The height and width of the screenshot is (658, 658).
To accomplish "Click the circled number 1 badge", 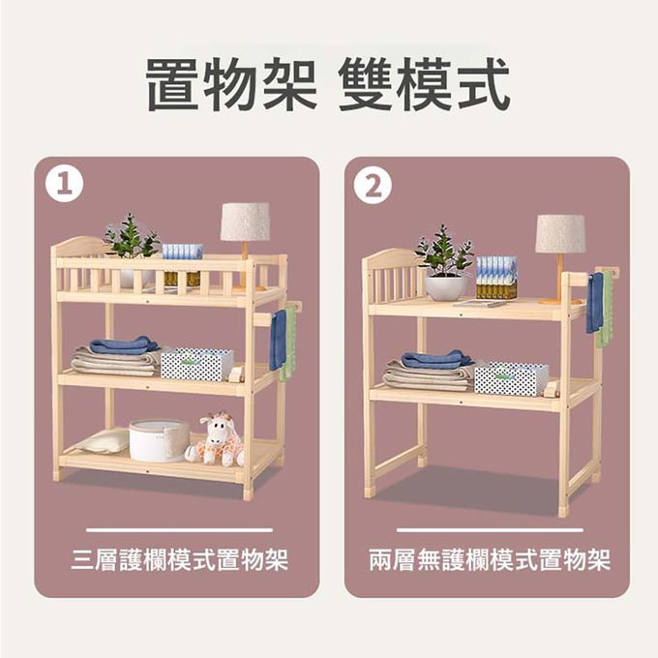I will tap(64, 184).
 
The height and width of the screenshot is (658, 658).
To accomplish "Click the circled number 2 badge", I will tap(373, 184).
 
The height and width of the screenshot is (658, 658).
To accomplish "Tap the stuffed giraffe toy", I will tap(218, 439).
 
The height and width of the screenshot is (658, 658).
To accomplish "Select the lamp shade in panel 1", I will tap(245, 222).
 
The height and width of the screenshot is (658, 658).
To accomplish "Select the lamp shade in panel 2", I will tap(560, 233).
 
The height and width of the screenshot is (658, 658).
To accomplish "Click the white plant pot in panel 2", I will tap(445, 286).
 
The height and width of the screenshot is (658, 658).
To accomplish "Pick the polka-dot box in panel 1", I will tap(197, 364).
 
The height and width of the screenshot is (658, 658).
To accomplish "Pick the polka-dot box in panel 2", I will tap(510, 377).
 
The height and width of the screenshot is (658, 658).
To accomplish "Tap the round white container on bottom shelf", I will tap(159, 439).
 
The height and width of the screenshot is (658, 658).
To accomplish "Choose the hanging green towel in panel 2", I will tap(605, 310).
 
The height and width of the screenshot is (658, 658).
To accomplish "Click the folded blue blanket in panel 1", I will tap(122, 344).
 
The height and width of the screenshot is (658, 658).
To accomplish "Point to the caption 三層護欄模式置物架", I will tap(179, 559).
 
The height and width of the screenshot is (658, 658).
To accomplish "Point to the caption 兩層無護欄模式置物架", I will tap(490, 559).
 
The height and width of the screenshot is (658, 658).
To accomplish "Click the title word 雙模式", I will tap(425, 86).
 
